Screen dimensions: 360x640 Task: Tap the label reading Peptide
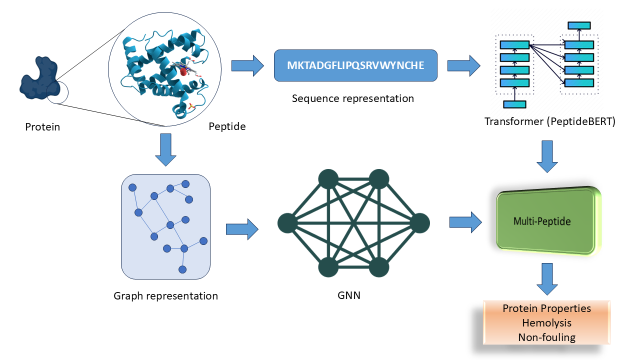tap(227, 126)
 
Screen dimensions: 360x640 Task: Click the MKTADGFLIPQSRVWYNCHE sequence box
tap(355, 65)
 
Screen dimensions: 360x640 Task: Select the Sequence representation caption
tap(353, 98)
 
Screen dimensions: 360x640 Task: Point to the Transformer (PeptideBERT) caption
tap(550, 121)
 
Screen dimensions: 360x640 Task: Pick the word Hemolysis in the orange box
tap(546, 323)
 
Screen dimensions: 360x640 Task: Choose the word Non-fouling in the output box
tap(546, 337)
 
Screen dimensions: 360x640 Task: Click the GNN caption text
tap(348, 295)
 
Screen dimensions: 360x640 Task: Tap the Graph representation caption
tap(165, 296)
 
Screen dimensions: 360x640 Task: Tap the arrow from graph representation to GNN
tap(242, 229)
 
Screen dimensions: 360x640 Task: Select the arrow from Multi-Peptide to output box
tap(547, 278)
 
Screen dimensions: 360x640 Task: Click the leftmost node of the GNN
tap(287, 223)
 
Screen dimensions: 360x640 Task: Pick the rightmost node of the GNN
tap(419, 223)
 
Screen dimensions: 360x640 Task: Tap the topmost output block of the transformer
tap(579, 25)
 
